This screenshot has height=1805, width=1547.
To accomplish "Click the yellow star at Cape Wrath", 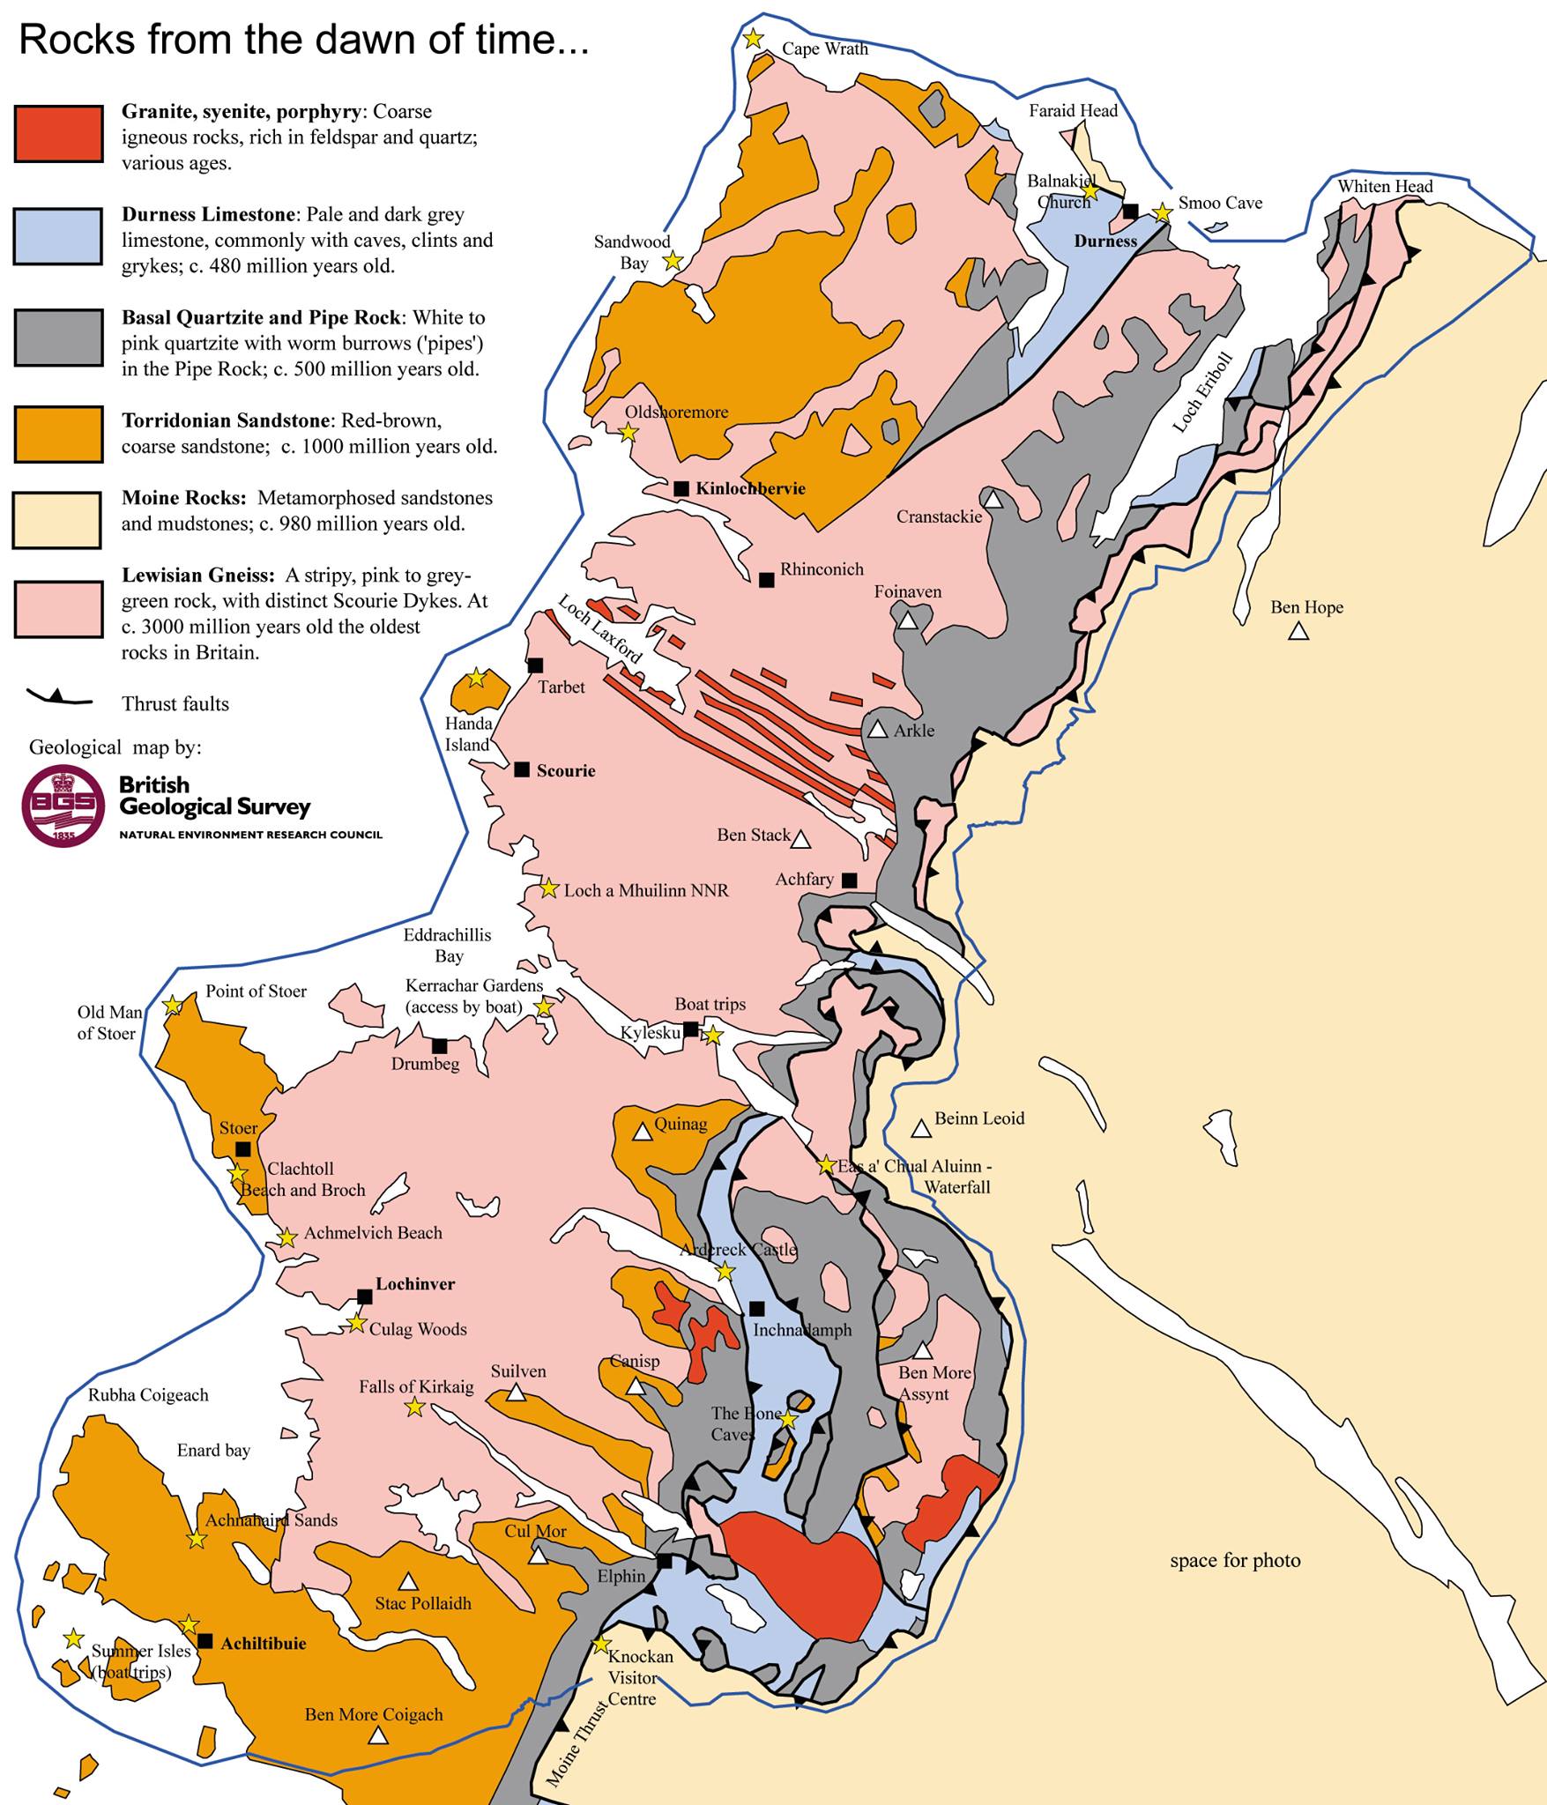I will pos(753,39).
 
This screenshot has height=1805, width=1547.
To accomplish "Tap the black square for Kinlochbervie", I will pos(681,488).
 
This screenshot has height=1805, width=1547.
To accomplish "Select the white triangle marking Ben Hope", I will pos(1298,631).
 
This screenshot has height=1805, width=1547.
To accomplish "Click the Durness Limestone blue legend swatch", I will pos(58,236).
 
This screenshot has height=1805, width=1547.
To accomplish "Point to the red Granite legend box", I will pos(58,134).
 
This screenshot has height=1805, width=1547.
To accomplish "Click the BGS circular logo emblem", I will pos(63,805).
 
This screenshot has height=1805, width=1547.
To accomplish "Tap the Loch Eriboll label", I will pos(1202,392).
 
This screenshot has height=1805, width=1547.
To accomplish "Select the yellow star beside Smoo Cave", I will pos(1163,212).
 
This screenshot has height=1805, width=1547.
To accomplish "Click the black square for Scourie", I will pos(522,769).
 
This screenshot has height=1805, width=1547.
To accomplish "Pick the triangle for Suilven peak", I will pos(517,1393).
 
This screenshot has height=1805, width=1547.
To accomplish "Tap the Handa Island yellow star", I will pos(476,678).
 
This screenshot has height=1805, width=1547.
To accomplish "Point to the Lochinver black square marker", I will pos(364,1296).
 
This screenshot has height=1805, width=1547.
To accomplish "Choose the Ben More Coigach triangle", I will pos(377,1735).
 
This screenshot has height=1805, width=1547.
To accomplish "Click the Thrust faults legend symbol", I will pos(60,698).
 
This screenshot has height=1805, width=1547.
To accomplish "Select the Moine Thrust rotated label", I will pos(577,1742).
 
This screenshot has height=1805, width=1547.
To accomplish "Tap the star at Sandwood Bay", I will pos(673,260).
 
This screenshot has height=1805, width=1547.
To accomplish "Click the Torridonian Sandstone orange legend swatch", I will pos(58,433).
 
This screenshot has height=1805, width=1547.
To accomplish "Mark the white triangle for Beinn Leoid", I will pos(920,1129).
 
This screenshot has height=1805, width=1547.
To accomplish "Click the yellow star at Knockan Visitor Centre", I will pos(601,1645).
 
